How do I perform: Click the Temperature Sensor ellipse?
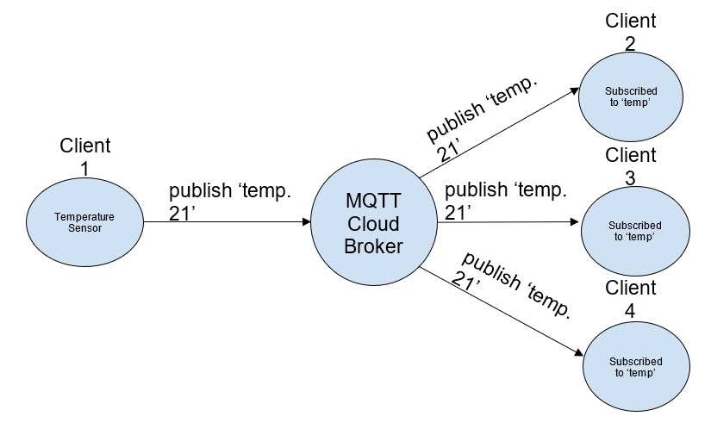tap(84, 222)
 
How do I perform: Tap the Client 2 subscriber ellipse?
tap(630, 96)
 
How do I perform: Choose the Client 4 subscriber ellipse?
tap(635, 366)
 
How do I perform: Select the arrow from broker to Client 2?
tap(498, 134)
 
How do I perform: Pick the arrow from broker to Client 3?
tap(508, 222)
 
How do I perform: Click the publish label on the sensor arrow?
tap(228, 202)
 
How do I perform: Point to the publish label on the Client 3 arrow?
tap(505, 200)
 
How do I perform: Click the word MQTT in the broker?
tap(372, 202)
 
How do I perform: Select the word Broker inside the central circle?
tap(373, 245)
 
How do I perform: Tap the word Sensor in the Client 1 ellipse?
tap(84, 228)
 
